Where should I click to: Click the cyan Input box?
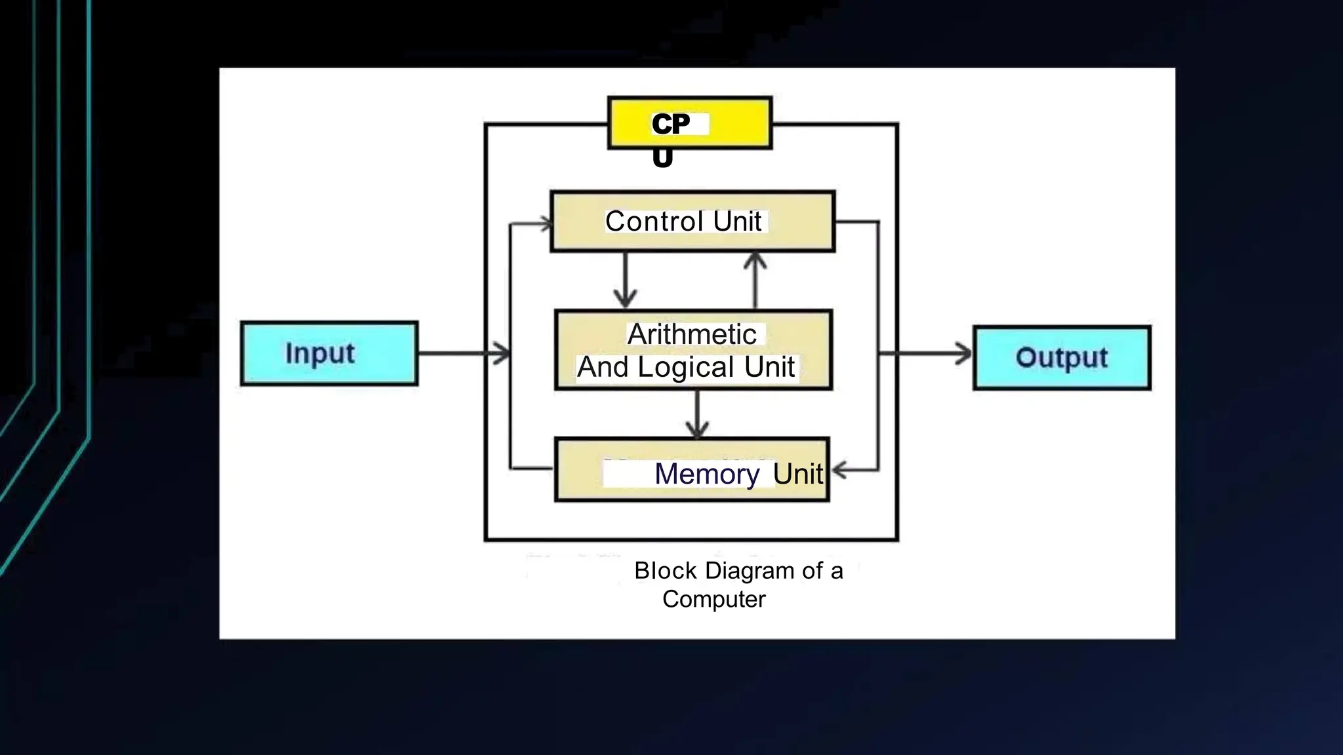[329, 353]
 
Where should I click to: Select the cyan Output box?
[1062, 358]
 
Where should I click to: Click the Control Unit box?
[692, 222]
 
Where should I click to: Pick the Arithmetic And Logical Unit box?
[693, 351]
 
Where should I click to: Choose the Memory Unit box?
[692, 470]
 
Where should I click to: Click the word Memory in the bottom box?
[707, 474]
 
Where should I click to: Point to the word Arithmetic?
[692, 335]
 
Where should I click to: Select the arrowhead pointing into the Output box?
[964, 354]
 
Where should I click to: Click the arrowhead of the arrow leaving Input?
[502, 354]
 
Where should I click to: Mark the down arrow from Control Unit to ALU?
[625, 282]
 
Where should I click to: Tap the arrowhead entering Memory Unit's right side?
[839, 470]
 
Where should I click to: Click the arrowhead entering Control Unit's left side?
[546, 224]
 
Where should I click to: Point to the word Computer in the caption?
[713, 599]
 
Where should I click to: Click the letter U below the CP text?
[662, 157]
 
